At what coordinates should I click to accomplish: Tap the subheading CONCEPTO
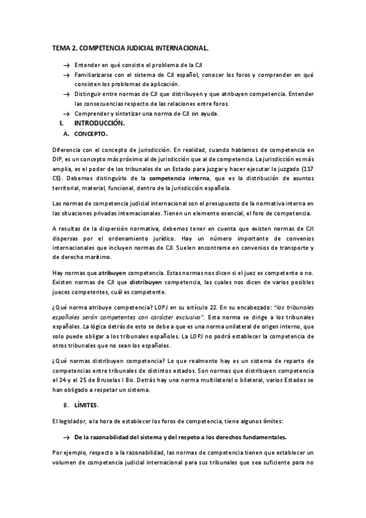(90, 133)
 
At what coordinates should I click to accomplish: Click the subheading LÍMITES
(86, 405)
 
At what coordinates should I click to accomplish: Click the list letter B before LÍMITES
(65, 405)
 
